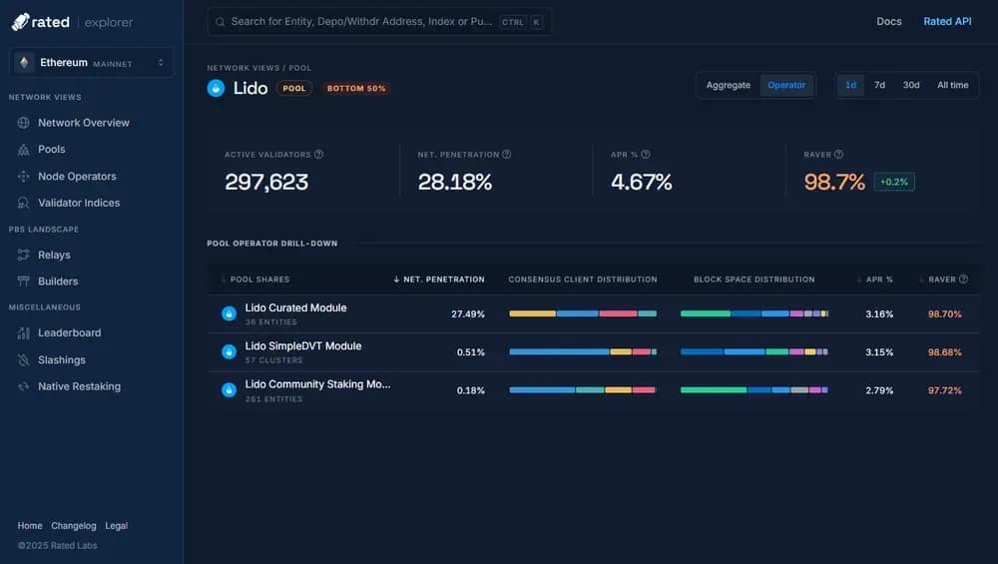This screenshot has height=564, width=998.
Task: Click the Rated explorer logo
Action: pyautogui.click(x=72, y=22)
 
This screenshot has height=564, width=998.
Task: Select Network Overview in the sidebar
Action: pyautogui.click(x=84, y=123)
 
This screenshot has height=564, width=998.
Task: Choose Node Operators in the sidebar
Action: pyautogui.click(x=77, y=177)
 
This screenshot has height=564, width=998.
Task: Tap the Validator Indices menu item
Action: pyautogui.click(x=79, y=203)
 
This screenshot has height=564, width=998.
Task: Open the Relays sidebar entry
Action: pyautogui.click(x=54, y=255)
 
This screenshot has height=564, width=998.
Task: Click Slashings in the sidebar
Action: pyautogui.click(x=62, y=359)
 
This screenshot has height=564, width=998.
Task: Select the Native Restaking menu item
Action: pyautogui.click(x=79, y=386)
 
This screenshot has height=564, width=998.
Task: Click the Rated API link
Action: pyautogui.click(x=947, y=21)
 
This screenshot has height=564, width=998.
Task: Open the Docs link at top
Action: pyautogui.click(x=888, y=21)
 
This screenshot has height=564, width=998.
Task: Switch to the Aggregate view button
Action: pyautogui.click(x=728, y=85)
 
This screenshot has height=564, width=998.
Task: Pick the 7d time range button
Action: pyautogui.click(x=879, y=85)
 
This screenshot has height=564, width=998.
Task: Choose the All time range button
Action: pyautogui.click(x=952, y=85)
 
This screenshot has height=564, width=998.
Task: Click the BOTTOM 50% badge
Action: pyautogui.click(x=356, y=88)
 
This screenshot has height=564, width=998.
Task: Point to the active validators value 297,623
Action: pyautogui.click(x=266, y=182)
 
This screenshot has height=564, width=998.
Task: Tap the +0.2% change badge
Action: pyautogui.click(x=894, y=182)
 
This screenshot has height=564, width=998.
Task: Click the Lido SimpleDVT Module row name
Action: pyautogui.click(x=303, y=346)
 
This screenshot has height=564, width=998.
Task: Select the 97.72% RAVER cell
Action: pyautogui.click(x=944, y=390)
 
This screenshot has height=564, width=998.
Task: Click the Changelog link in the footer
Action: pyautogui.click(x=74, y=526)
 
